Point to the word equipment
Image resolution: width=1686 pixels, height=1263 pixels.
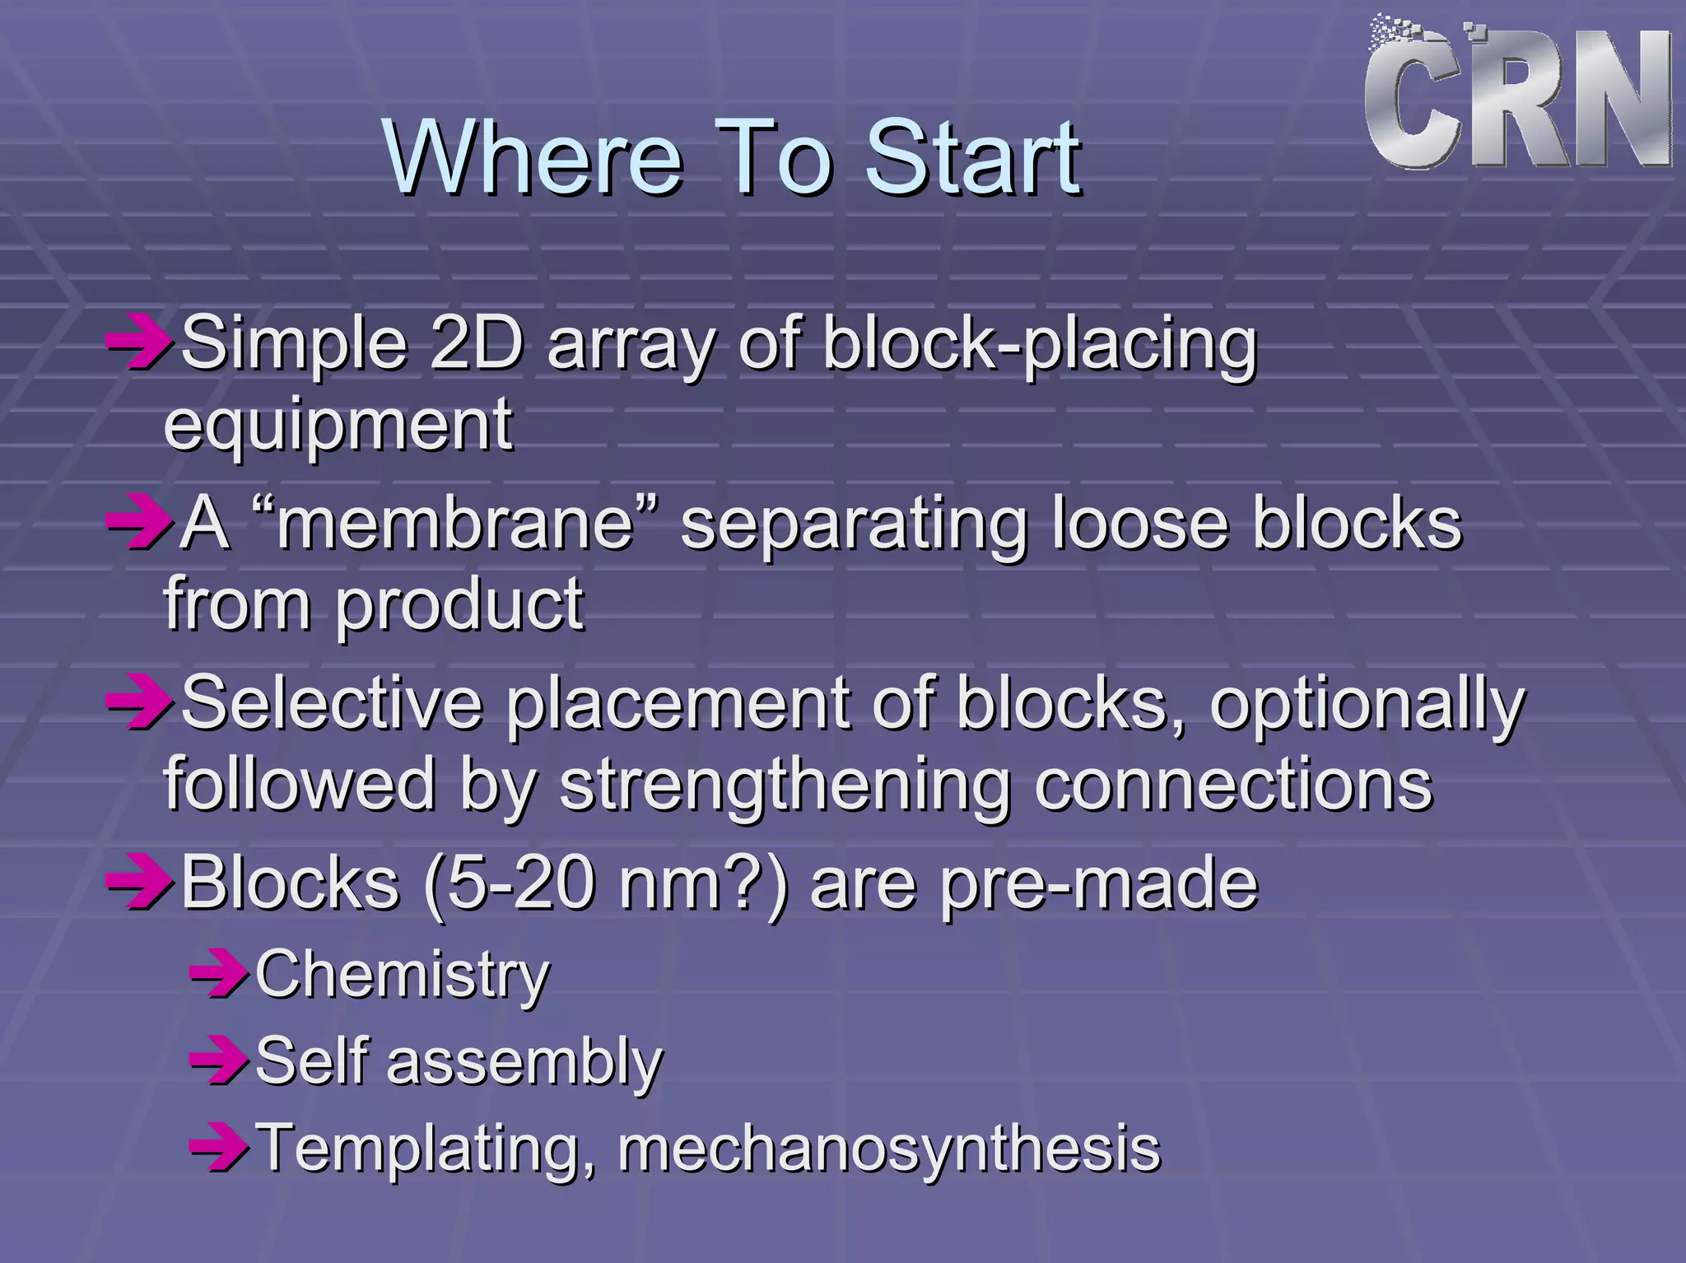(x=338, y=425)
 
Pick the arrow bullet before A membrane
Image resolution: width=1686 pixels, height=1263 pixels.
(x=137, y=524)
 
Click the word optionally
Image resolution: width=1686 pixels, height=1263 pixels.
(x=1367, y=705)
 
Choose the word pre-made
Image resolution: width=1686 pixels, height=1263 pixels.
(x=1099, y=884)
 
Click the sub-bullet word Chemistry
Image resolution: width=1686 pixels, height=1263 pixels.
(x=402, y=975)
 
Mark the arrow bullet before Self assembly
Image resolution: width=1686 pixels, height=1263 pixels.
(x=218, y=1062)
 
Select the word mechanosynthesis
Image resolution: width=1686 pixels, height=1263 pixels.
(x=889, y=1148)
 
